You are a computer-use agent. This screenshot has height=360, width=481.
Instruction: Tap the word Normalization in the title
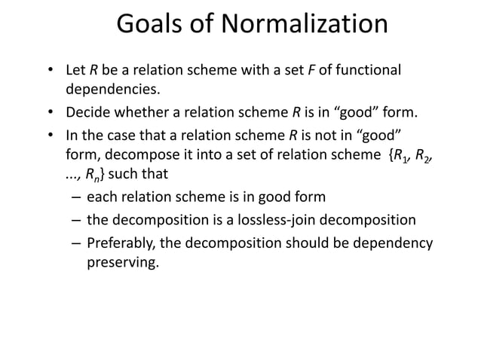coord(303,24)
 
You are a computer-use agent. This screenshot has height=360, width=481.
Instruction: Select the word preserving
coord(123,264)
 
